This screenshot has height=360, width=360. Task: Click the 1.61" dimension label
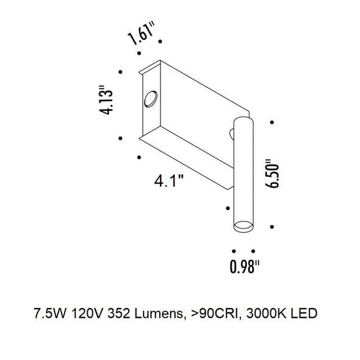141,34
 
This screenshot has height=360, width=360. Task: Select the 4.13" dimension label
106,100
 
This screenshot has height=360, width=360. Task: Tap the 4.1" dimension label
169,181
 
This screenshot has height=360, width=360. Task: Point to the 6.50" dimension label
272,174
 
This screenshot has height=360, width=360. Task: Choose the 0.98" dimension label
245,266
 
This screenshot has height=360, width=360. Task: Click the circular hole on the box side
151,99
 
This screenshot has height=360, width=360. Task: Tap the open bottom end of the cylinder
243,226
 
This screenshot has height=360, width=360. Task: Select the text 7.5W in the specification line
50,313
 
